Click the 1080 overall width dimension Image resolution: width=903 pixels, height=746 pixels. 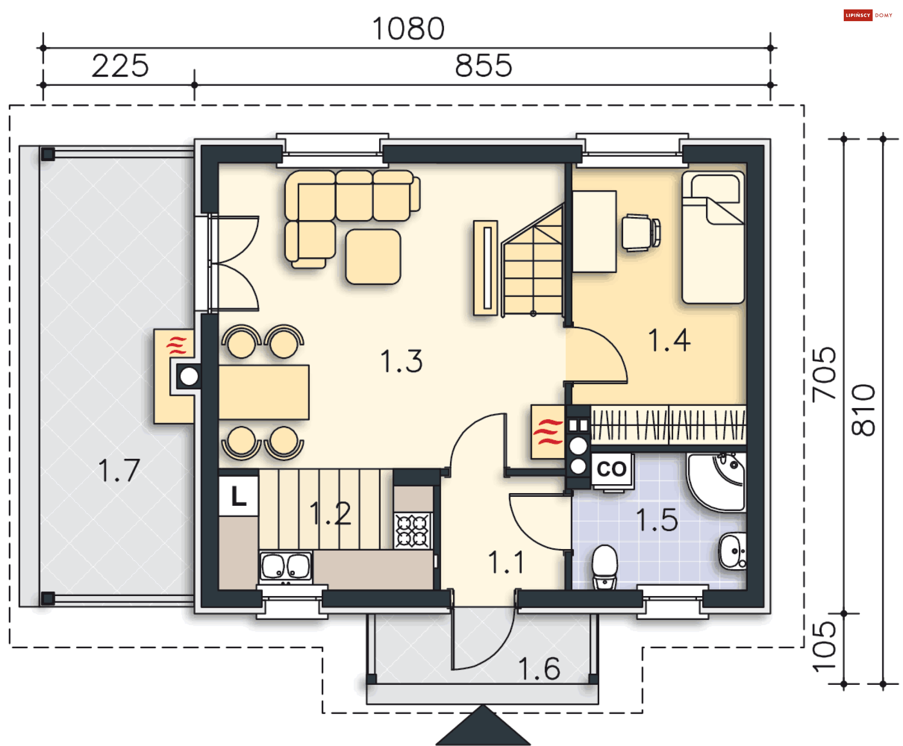click(x=408, y=29)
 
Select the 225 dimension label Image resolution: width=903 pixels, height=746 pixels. click(x=120, y=66)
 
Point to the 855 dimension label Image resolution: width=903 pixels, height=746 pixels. click(x=483, y=66)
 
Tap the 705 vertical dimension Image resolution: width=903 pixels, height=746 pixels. click(x=824, y=375)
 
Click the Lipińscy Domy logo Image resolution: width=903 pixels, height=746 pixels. click(x=868, y=15)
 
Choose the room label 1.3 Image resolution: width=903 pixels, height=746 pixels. click(x=401, y=361)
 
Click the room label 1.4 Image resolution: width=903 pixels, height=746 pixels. click(x=669, y=340)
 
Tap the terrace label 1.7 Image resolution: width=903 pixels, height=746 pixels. click(x=119, y=470)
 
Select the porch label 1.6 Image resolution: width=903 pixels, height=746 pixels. click(x=539, y=668)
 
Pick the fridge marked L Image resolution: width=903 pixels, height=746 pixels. click(x=238, y=496)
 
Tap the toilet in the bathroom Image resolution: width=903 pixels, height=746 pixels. click(x=604, y=566)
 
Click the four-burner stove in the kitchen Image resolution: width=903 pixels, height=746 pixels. click(x=412, y=531)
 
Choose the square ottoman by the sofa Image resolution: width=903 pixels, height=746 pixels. click(x=373, y=257)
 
